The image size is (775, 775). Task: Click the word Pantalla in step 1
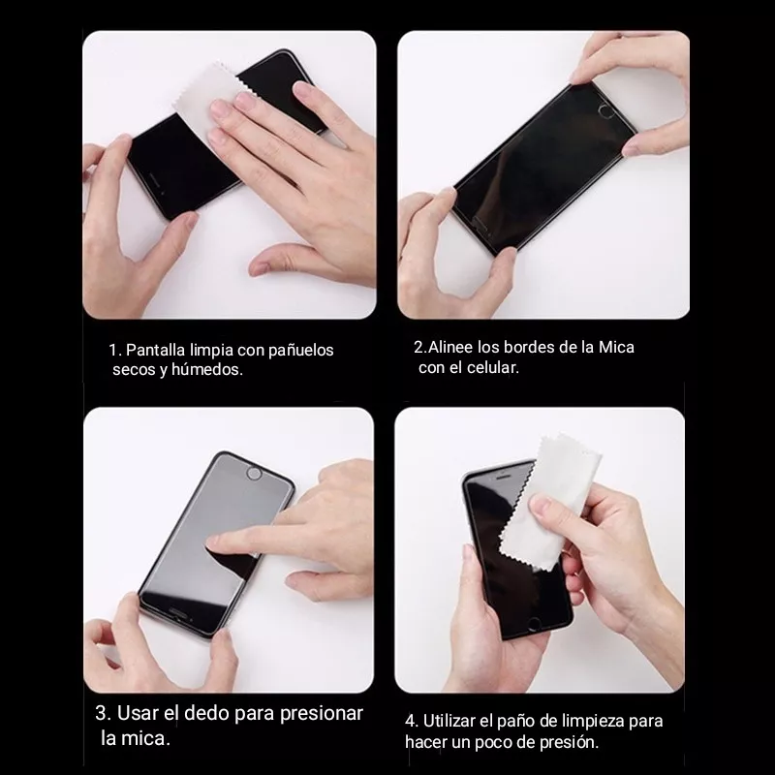(155, 350)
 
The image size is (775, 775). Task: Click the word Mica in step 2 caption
(616, 347)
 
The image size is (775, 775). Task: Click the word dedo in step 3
(206, 713)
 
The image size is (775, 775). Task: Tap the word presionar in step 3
(322, 714)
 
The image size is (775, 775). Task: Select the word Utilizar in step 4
(449, 721)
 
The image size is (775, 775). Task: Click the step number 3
(103, 713)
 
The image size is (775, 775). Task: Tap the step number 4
(411, 721)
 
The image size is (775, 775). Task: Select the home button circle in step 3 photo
(254, 474)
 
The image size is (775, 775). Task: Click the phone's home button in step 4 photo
(535, 624)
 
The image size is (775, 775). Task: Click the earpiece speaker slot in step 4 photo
(503, 478)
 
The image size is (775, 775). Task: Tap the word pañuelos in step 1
(300, 351)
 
